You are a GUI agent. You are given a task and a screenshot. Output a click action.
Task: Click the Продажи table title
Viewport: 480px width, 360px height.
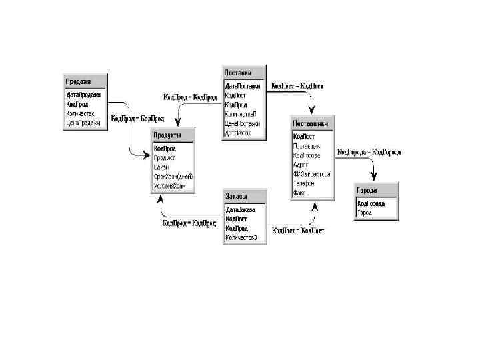(x=77, y=81)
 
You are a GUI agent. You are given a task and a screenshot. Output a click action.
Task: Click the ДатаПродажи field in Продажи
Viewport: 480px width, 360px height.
(x=83, y=95)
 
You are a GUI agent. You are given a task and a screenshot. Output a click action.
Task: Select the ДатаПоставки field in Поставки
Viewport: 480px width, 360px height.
(x=243, y=86)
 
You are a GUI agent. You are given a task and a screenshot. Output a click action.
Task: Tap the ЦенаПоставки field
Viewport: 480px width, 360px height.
(x=242, y=123)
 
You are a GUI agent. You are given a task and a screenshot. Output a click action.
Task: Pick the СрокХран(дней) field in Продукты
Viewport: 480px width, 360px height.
(x=173, y=177)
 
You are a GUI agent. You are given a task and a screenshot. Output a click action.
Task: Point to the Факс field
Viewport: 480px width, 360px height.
(x=299, y=193)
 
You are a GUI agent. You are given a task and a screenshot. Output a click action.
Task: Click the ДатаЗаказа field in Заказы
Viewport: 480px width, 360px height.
(x=241, y=209)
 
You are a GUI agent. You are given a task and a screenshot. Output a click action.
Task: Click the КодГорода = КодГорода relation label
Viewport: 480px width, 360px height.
(x=369, y=152)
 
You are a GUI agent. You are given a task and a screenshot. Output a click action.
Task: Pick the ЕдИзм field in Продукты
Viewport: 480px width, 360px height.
(x=161, y=167)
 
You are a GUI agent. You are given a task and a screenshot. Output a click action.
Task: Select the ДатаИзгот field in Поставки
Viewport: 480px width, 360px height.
(x=238, y=133)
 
